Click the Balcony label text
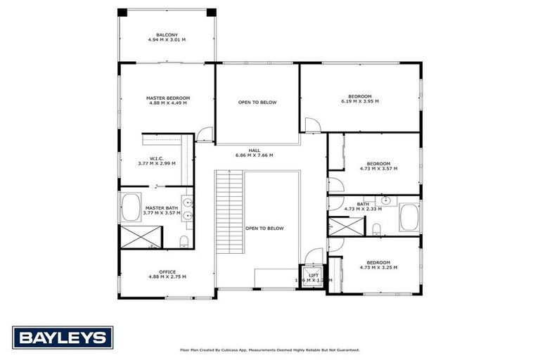pyautogui.click(x=167, y=35)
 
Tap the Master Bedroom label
pyautogui.click(x=168, y=98)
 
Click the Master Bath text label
pyautogui.click(x=162, y=208)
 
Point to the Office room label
pyautogui.click(x=167, y=272)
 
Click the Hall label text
pyautogui.click(x=254, y=150)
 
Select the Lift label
pyautogui.click(x=314, y=276)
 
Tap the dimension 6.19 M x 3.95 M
pyautogui.click(x=360, y=101)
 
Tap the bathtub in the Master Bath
pyautogui.click(x=131, y=208)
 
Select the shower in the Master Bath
pyautogui.click(x=141, y=236)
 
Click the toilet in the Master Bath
pyautogui.click(x=184, y=242)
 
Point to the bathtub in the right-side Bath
pyautogui.click(x=409, y=217)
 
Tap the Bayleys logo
pyautogui.click(x=63, y=337)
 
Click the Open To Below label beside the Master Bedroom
pyautogui.click(x=257, y=103)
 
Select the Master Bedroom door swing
pyautogui.click(x=205, y=134)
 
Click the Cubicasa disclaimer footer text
pyautogui.click(x=270, y=349)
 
